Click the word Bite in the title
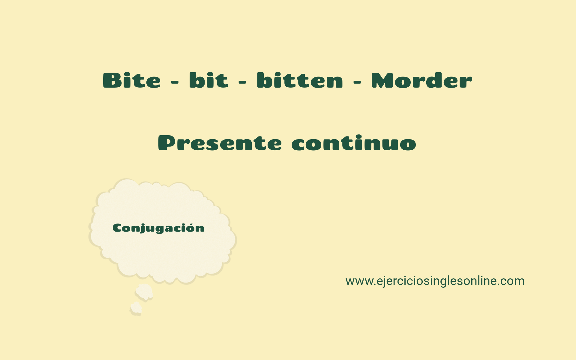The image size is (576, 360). (x=132, y=80)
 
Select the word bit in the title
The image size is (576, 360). (x=208, y=80)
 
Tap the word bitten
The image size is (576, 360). (x=300, y=80)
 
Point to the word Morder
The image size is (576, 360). (x=421, y=80)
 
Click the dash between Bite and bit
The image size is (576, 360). (x=175, y=82)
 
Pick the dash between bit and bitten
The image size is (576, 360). (x=242, y=82)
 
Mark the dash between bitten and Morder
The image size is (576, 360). (x=357, y=82)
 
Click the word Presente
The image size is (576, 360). (x=220, y=143)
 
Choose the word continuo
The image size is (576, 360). (x=354, y=143)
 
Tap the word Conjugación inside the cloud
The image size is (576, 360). (x=158, y=228)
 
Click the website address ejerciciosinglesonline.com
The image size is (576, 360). (x=435, y=281)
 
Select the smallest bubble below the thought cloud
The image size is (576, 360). (x=136, y=308)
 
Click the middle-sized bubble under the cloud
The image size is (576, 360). (x=144, y=291)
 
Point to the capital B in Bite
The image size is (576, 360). (x=112, y=80)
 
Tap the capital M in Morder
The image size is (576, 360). (x=382, y=80)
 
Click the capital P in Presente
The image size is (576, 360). (x=167, y=143)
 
